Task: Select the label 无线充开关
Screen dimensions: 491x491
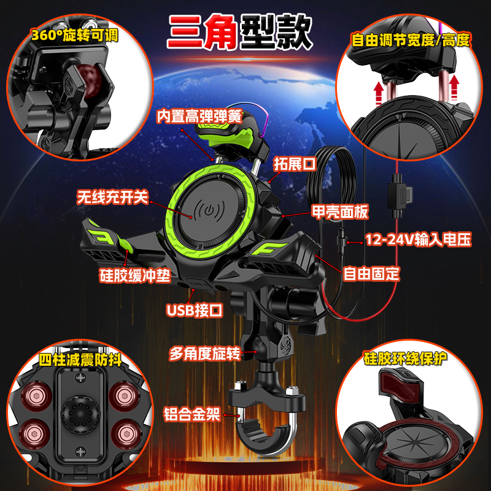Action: click(x=112, y=197)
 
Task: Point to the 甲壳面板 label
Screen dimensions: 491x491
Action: click(x=340, y=212)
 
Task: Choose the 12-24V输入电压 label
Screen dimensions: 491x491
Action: click(x=418, y=239)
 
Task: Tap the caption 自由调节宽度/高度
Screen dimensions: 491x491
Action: click(x=411, y=41)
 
